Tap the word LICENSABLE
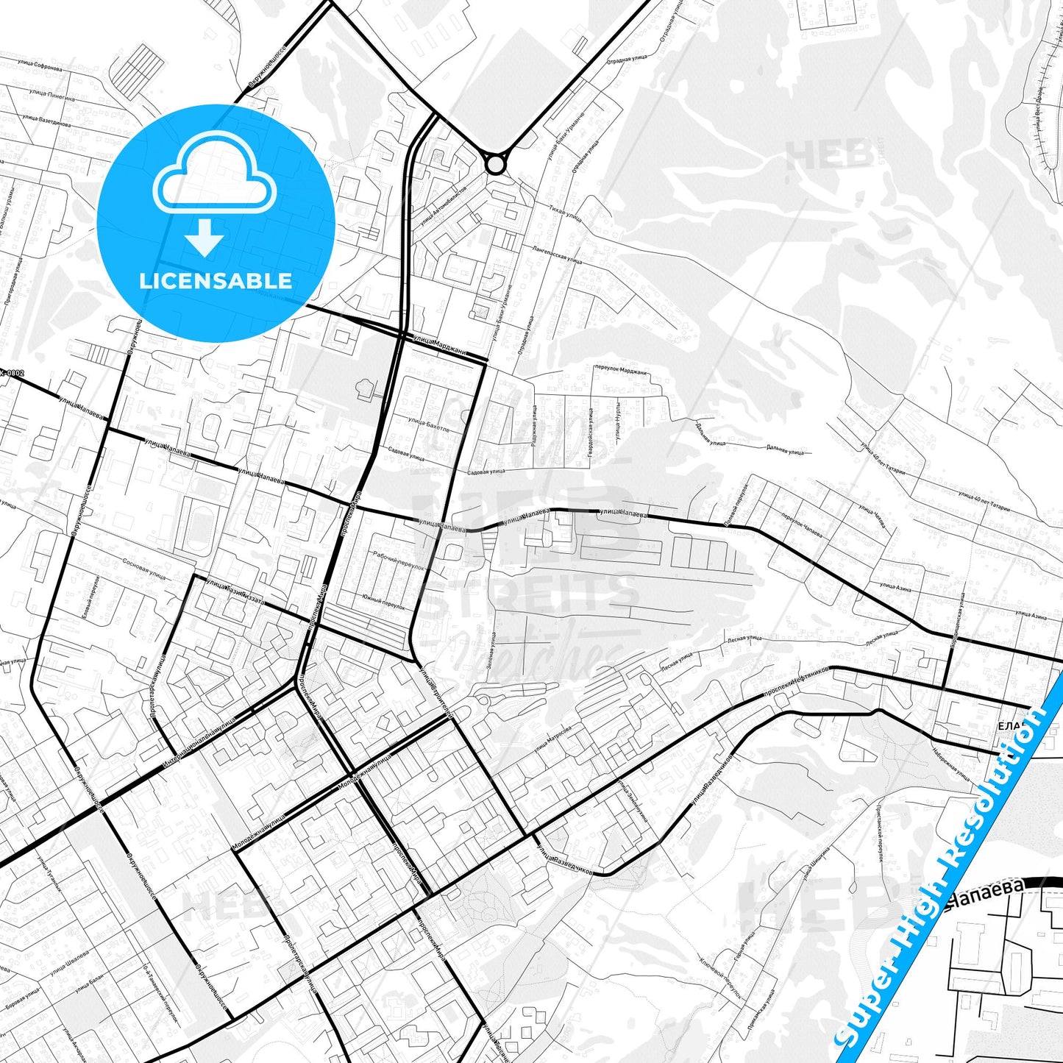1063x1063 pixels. tap(216, 280)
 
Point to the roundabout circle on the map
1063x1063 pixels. tap(496, 163)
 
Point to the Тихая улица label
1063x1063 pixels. tap(565, 213)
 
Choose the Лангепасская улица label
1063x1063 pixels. tap(557, 254)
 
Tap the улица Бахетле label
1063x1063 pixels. tap(427, 424)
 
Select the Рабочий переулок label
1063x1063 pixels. tap(398, 561)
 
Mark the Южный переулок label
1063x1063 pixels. tap(383, 602)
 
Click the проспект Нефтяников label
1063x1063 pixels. tap(796, 680)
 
